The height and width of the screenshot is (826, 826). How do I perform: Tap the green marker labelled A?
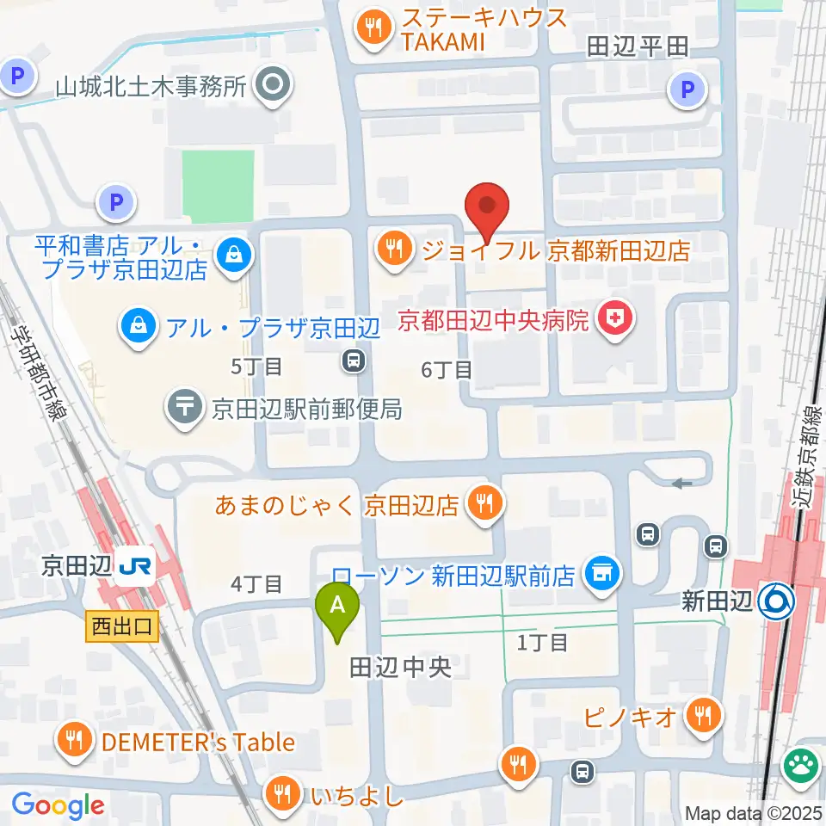pyautogui.click(x=339, y=606)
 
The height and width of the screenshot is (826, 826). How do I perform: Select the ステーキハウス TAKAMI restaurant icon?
pyautogui.click(x=372, y=29)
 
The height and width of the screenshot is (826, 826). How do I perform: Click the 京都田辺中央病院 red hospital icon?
pyautogui.click(x=617, y=322)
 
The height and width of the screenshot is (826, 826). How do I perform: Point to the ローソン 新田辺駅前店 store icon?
pyautogui.click(x=600, y=571)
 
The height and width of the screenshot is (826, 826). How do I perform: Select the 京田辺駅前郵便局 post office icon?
pyautogui.click(x=183, y=407)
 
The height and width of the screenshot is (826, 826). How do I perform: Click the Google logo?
pyautogui.click(x=58, y=805)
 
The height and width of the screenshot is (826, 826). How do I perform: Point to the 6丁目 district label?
pyautogui.click(x=447, y=370)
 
